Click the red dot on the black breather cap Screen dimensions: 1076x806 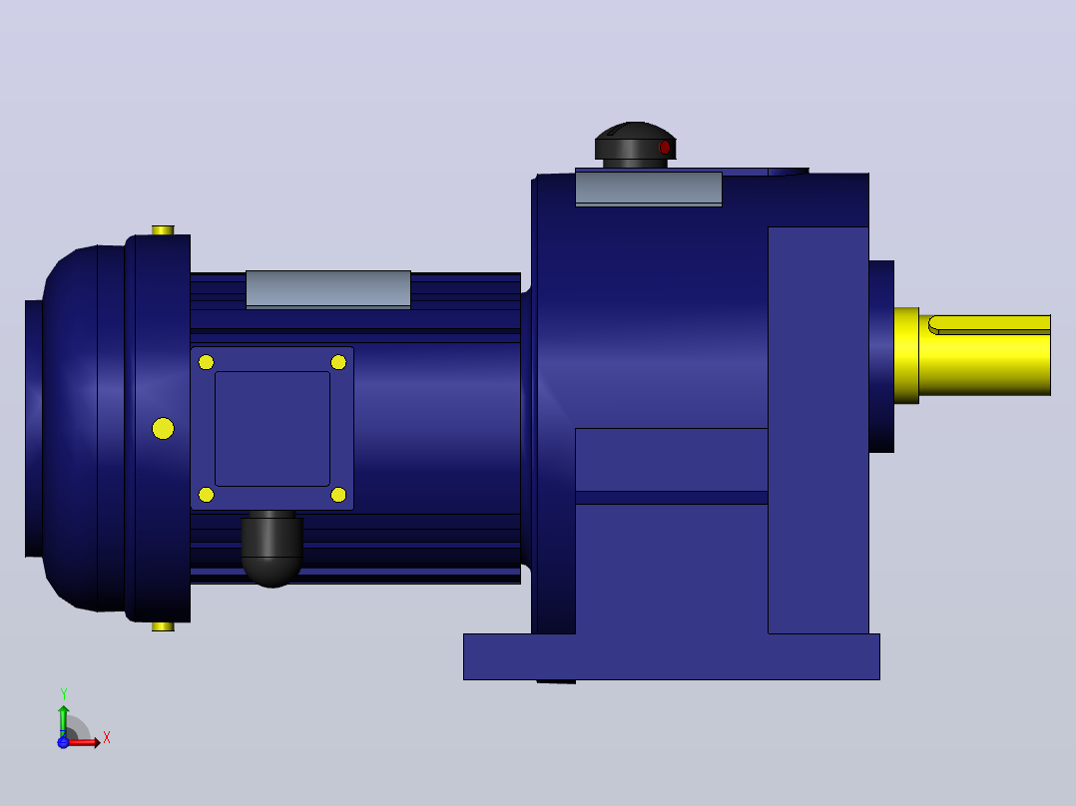(x=665, y=148)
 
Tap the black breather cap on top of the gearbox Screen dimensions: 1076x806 (x=636, y=145)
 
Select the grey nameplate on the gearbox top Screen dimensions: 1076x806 (x=649, y=189)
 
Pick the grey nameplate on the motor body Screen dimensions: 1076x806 (x=328, y=289)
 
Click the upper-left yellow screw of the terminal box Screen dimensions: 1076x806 (x=206, y=362)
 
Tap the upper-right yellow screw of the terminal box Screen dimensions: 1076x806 (x=338, y=362)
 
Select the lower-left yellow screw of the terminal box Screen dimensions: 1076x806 (x=206, y=495)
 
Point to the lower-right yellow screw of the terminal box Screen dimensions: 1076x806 (x=338, y=495)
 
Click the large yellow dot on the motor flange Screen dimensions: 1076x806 (x=163, y=429)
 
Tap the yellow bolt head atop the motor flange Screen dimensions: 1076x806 (x=163, y=229)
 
